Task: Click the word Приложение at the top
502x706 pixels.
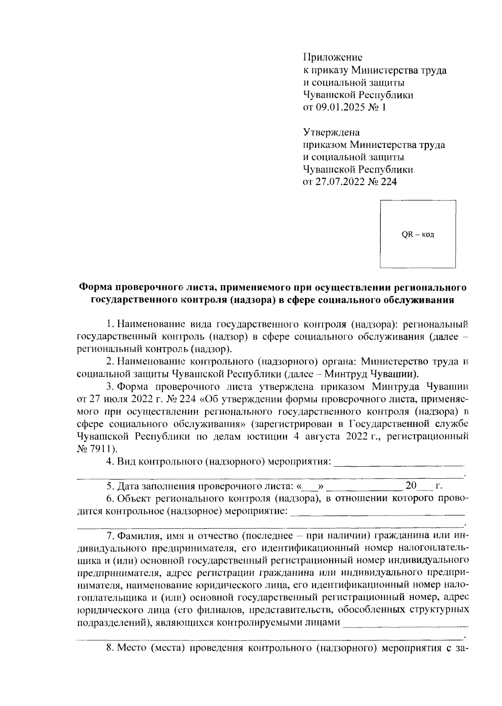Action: tap(333, 57)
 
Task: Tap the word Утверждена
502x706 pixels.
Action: tap(331, 132)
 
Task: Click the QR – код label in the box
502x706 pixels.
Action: tap(418, 234)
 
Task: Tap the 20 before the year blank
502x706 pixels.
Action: tap(411, 485)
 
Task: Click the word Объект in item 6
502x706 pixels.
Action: tap(134, 498)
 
